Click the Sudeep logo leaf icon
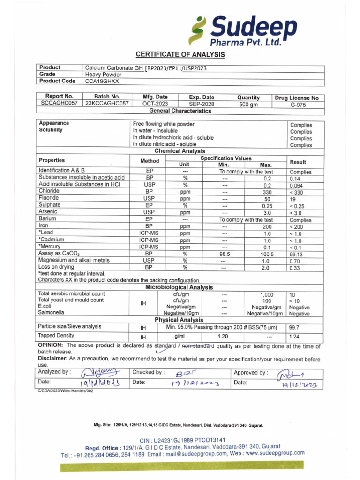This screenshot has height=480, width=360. (x=197, y=31)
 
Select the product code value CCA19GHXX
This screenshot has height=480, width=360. (x=102, y=81)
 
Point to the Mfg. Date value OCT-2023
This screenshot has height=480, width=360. (x=155, y=104)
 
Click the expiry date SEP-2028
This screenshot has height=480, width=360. (x=202, y=104)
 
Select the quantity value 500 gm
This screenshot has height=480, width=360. (x=248, y=105)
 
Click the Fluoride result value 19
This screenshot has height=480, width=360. (x=293, y=199)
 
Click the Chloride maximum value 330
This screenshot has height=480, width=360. (x=267, y=192)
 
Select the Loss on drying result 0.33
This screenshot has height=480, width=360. (x=295, y=268)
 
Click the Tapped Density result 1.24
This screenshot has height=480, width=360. (x=294, y=337)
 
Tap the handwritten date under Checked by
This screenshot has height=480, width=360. (x=195, y=384)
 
